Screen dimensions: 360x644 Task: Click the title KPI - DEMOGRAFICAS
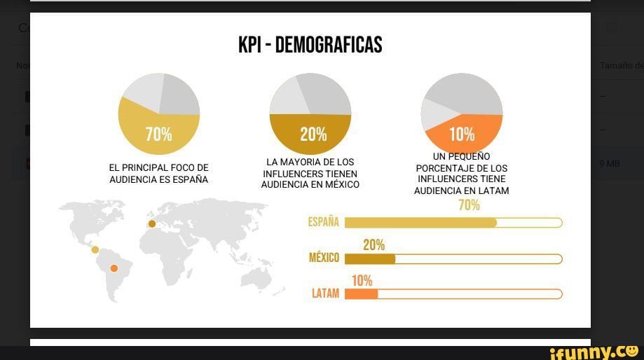pyautogui.click(x=310, y=46)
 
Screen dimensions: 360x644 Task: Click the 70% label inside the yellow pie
pyautogui.click(x=158, y=134)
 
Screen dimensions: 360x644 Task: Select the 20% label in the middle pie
pyautogui.click(x=313, y=134)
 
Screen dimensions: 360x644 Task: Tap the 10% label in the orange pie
pyautogui.click(x=462, y=134)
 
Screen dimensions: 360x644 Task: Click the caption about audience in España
pyautogui.click(x=158, y=174)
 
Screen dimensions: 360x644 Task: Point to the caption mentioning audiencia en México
pyautogui.click(x=310, y=174)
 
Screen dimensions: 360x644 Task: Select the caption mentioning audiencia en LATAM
pyautogui.click(x=461, y=174)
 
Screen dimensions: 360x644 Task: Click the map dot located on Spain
pyautogui.click(x=152, y=224)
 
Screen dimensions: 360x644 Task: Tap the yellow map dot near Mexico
pyautogui.click(x=95, y=249)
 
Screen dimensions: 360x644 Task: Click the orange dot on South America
pyautogui.click(x=114, y=268)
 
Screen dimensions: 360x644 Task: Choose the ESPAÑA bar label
pyautogui.click(x=323, y=223)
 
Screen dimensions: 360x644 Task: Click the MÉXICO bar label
pyautogui.click(x=324, y=258)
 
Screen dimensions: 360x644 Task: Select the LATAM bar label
pyautogui.click(x=325, y=294)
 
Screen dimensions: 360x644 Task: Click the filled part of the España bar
pyautogui.click(x=420, y=223)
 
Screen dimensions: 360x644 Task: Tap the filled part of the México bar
pyautogui.click(x=370, y=258)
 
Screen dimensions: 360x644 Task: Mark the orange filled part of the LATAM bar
pyautogui.click(x=362, y=294)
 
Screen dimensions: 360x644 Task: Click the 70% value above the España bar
pyautogui.click(x=469, y=205)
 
